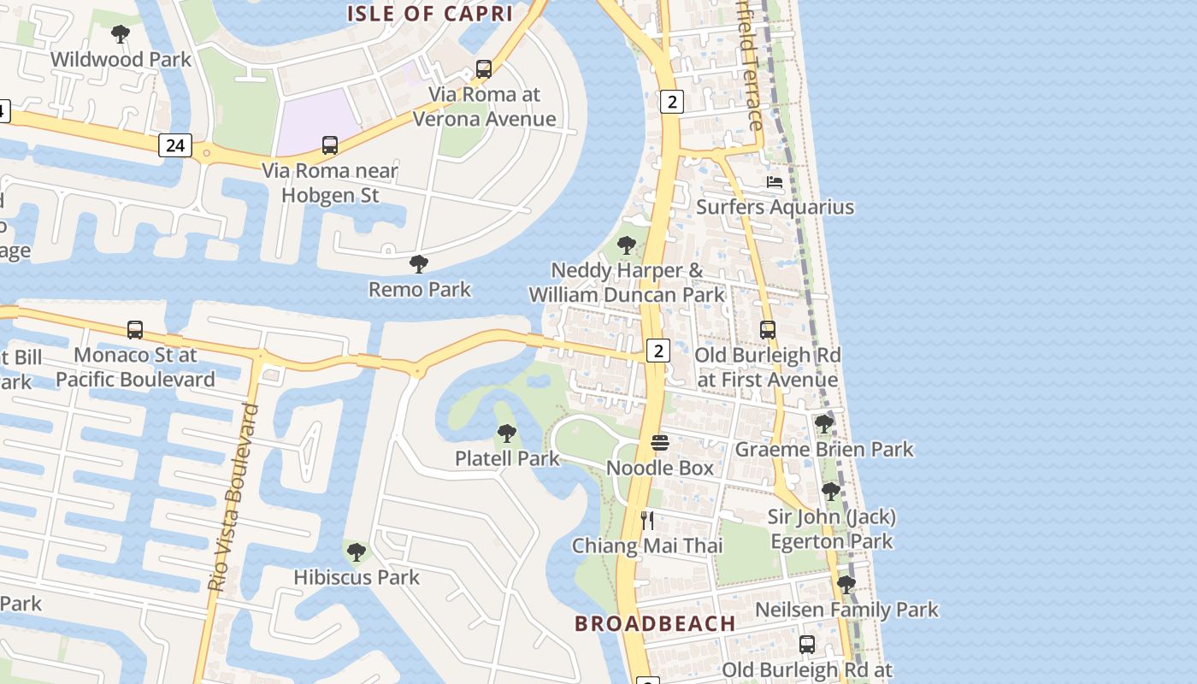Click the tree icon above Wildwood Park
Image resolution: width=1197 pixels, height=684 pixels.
coord(121,34)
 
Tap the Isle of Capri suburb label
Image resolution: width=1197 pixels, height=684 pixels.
coord(429,14)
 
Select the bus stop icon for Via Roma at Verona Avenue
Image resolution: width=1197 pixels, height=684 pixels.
coord(484,69)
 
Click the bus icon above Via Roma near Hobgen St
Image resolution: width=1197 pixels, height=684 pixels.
coord(330,145)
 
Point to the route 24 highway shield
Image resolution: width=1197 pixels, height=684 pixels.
coord(174,145)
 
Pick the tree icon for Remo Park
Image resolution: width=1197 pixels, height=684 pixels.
coord(418,264)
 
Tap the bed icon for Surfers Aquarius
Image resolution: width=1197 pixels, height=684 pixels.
coord(775,182)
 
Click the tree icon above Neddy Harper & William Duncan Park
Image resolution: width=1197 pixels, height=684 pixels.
coord(627,245)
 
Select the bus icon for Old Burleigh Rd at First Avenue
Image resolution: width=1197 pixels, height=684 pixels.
coord(768,330)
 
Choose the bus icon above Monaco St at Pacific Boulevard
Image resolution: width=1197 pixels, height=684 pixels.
coord(135,330)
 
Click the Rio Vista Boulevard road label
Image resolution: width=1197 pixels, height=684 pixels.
coord(233,498)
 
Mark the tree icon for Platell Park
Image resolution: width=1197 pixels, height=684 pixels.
coord(507,433)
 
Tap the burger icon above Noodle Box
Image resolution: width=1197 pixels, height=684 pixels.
coord(660,443)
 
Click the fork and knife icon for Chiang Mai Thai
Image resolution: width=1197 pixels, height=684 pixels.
coord(647,521)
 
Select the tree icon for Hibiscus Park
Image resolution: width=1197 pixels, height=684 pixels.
coord(357,552)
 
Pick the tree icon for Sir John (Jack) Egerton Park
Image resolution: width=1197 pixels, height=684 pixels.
coord(831,492)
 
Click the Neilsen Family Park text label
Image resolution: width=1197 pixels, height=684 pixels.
coord(846,610)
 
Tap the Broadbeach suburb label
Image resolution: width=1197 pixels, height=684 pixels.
coord(655,623)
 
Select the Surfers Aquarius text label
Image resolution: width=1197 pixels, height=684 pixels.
coord(775,207)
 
